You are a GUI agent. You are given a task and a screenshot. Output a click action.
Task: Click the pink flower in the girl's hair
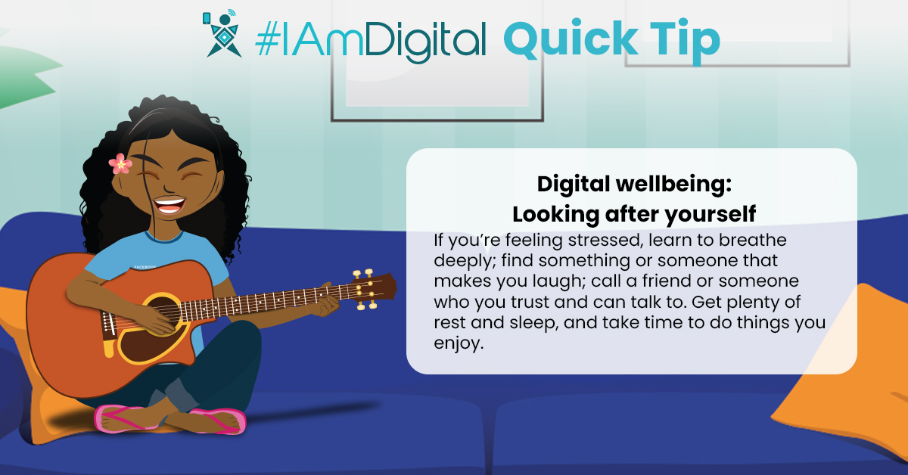pos(120,163)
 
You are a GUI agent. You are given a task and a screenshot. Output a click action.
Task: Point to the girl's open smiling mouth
pos(169,205)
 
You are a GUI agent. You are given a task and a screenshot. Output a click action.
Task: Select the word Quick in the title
pos(571,39)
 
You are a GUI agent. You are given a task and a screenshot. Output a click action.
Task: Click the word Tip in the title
pos(685,41)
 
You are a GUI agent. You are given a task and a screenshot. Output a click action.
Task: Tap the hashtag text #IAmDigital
pos(370,41)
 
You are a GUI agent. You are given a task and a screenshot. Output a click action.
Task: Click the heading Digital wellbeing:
pos(634,185)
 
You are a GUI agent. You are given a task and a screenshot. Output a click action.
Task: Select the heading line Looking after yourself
pos(634,214)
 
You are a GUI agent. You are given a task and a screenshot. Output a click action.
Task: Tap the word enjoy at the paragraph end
pos(459,343)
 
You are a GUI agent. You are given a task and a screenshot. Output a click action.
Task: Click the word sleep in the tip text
pos(534,324)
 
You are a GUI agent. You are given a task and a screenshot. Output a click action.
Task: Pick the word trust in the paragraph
pos(530,303)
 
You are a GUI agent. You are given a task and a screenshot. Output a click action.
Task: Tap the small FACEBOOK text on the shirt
pos(145,268)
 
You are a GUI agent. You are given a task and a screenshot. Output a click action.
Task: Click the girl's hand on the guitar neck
pos(325,303)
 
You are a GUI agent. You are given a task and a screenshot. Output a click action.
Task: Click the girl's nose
pos(168,188)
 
